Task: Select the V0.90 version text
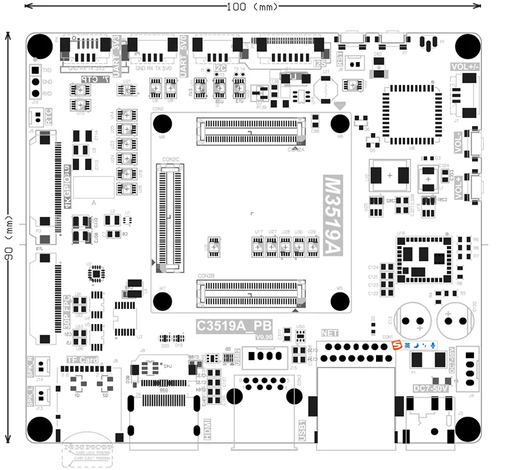264,337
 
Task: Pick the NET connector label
329,334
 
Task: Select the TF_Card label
82,360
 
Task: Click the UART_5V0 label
184,55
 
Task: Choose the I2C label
219,68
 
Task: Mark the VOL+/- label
465,67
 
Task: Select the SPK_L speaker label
30,396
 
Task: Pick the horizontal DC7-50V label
431,389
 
